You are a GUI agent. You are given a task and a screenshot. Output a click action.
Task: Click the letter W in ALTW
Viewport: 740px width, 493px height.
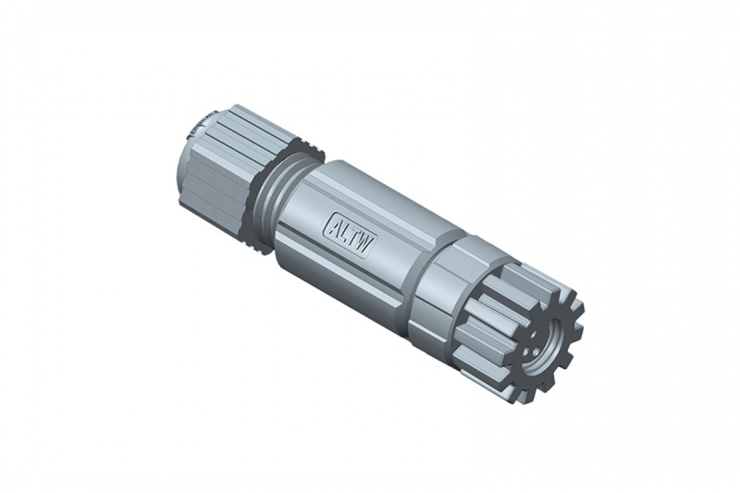[x=366, y=242]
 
